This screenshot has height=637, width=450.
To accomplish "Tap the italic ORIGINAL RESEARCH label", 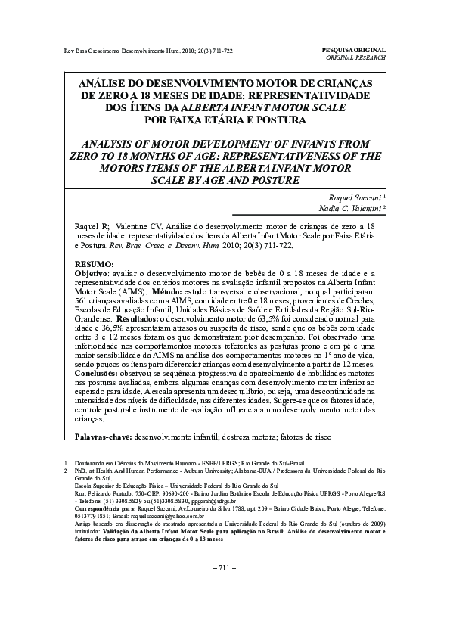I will pos(355,57).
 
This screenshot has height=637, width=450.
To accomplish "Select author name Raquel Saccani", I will pos(345,195).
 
